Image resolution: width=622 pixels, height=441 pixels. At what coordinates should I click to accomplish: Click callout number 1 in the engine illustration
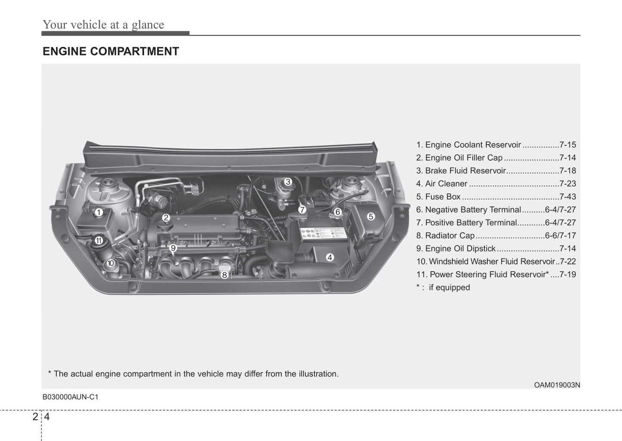coord(99,212)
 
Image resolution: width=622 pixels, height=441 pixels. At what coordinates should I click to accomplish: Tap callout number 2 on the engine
coord(166,218)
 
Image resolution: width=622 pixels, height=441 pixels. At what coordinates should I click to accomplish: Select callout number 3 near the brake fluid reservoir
coord(288,182)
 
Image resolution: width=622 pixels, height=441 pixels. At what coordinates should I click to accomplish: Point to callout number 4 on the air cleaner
coord(330,257)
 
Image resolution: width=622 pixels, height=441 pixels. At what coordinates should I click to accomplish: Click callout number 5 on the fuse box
coord(371,217)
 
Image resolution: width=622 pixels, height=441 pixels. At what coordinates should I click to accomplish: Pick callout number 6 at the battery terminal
coord(337,212)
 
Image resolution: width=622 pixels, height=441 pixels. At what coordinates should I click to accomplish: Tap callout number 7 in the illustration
coord(302,210)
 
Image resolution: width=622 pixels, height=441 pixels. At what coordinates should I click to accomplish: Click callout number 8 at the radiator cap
coord(224,275)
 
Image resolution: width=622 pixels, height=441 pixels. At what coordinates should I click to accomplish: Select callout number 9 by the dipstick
coord(173,248)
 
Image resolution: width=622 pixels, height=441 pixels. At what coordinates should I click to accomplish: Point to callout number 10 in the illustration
coord(111,263)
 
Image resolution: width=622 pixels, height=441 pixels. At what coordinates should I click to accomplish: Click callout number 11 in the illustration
coord(99,240)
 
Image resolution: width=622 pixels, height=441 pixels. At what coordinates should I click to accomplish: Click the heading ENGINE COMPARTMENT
coord(111,52)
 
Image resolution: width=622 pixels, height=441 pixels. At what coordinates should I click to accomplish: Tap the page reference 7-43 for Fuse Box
coord(567,197)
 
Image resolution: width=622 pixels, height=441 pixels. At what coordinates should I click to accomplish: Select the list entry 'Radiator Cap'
coord(449,236)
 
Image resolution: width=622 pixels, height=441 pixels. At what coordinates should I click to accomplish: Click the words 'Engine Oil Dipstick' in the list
coord(460,248)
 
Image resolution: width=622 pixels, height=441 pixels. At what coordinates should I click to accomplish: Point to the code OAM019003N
coord(557,385)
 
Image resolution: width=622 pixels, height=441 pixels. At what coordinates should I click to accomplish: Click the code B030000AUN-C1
coord(70,397)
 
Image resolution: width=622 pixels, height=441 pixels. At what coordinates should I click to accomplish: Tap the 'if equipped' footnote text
coord(449,288)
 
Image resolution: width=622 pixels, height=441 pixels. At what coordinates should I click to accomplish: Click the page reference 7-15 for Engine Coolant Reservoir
coord(567,145)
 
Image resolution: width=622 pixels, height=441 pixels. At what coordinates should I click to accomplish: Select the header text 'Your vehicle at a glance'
coord(103,25)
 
